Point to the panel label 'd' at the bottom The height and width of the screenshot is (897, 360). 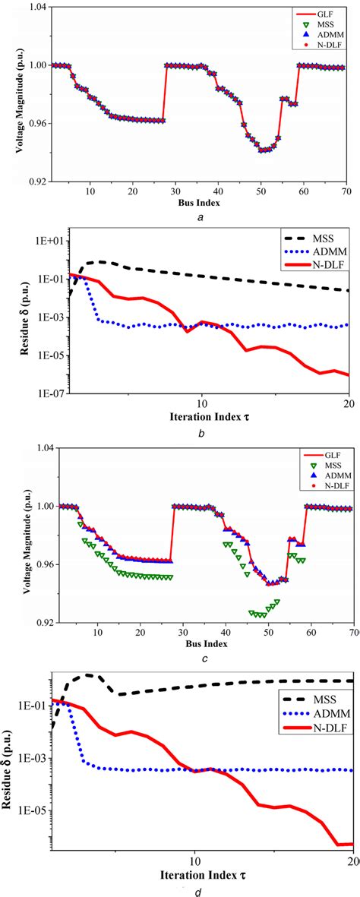(198, 891)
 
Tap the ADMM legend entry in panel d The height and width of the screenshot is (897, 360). (317, 712)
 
